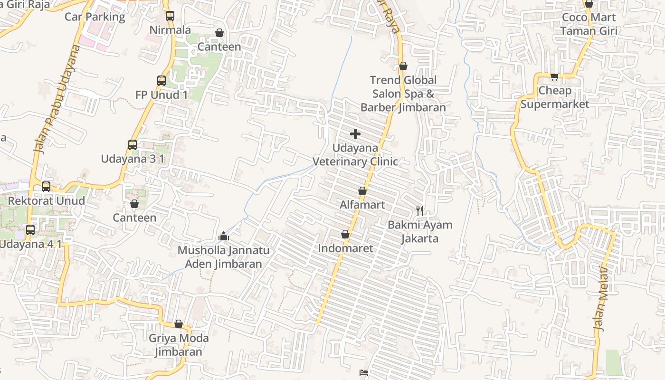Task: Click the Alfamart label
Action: click(x=362, y=205)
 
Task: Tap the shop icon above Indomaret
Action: click(x=345, y=235)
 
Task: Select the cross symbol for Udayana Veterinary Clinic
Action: click(x=355, y=134)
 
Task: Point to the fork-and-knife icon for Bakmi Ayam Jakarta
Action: click(x=420, y=210)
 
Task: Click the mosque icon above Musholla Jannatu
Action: click(x=224, y=236)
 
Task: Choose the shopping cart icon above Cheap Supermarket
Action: click(x=554, y=76)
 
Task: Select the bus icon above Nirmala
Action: click(x=170, y=16)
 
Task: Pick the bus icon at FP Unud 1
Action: click(x=161, y=81)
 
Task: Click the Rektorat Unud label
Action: click(x=47, y=200)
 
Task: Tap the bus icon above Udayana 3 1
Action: click(x=133, y=145)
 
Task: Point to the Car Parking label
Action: click(x=95, y=17)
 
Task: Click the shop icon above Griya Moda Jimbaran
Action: click(x=179, y=324)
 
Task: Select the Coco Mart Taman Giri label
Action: click(x=589, y=24)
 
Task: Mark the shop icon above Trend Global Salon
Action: click(x=403, y=66)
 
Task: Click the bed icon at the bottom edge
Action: click(x=364, y=373)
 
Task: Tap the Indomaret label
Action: click(x=345, y=248)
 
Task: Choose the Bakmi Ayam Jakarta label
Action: click(x=420, y=231)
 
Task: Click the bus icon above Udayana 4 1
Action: click(x=30, y=230)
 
